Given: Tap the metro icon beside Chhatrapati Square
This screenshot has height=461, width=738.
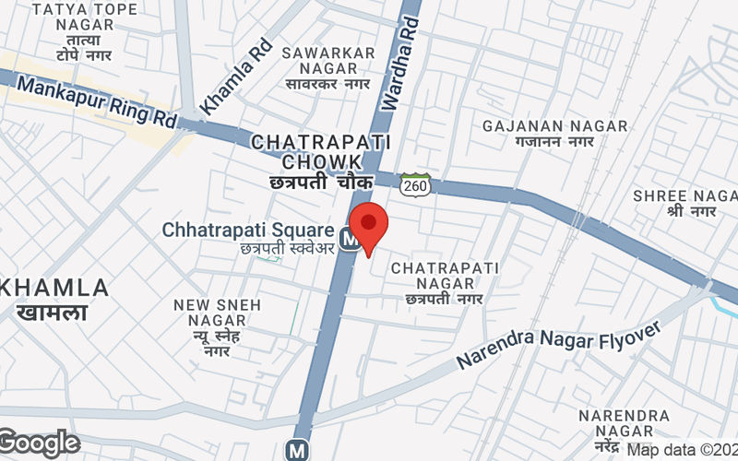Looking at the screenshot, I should click(349, 238).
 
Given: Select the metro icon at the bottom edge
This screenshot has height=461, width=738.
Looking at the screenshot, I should click(296, 451).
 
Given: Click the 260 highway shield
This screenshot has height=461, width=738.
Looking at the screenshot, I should click(415, 184).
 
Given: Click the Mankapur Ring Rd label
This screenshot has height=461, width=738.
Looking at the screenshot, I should click(97, 102).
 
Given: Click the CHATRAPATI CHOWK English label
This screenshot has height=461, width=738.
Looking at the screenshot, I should click(321, 152).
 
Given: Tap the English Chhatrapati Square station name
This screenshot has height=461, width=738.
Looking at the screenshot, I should click(247, 230).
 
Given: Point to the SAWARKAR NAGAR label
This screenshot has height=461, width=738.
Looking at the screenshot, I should click(329, 61).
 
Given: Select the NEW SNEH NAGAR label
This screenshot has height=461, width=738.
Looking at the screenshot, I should click(218, 313).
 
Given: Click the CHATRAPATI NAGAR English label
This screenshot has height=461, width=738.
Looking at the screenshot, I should click(445, 276).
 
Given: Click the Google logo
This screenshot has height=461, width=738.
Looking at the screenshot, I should click(40, 443).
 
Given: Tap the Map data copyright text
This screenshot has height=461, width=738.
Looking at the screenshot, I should click(683, 450).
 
